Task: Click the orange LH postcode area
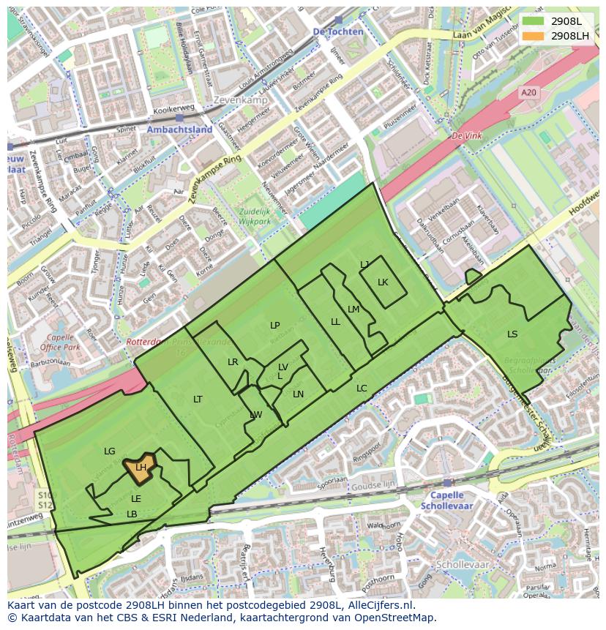[x=139, y=470]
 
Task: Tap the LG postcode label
[x=110, y=451]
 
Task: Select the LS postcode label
[x=512, y=334]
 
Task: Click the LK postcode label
[x=383, y=282]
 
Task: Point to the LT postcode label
[x=198, y=399]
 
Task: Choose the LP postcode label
[x=274, y=326]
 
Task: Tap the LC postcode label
[x=362, y=389]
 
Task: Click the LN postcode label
[x=298, y=394]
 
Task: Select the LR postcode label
[x=233, y=362]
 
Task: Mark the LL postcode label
[x=335, y=322]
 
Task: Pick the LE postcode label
[x=136, y=499]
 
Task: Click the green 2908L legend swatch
[x=534, y=21]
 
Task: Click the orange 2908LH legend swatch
[x=534, y=36]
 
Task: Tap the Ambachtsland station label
[x=179, y=130]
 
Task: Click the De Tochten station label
[x=337, y=32]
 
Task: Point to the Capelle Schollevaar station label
[x=447, y=500]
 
